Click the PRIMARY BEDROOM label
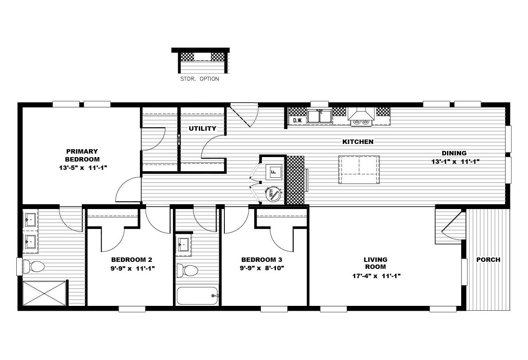pos(82,155)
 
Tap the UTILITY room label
pos(202,129)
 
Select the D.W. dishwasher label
pos(298,120)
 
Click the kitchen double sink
pos(319,116)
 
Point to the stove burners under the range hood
pos(361,121)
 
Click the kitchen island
pos(359,169)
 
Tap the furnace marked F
pos(274,172)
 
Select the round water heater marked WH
pos(273,194)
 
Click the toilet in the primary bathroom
pos(34,267)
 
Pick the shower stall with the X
pos(44,293)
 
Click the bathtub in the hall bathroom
pos(198,296)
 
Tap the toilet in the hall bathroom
pos(187,271)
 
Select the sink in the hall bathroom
pos(183,245)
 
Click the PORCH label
pos(488,260)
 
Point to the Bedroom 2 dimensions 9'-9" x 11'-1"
pos(132,268)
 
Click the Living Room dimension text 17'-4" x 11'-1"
pos(377,276)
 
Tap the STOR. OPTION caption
pos(200,79)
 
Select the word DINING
pos(454,153)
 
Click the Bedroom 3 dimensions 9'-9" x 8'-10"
pos(262,268)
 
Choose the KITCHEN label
pos(358,142)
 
